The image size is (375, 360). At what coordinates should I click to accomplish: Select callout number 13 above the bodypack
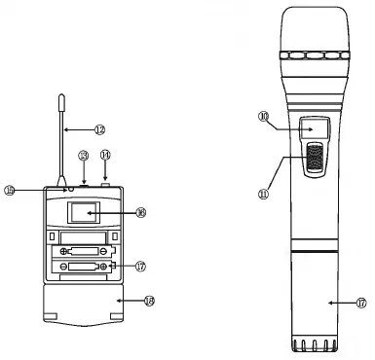[84, 155]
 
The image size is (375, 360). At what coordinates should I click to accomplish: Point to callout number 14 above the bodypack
[105, 155]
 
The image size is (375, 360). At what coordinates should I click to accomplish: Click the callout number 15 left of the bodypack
[37, 190]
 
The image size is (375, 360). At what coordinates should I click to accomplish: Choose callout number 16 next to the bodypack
[140, 212]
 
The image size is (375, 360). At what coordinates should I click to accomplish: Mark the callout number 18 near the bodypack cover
[148, 302]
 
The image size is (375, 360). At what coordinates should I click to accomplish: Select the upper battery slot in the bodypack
[82, 252]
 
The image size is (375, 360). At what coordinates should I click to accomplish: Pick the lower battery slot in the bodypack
[82, 268]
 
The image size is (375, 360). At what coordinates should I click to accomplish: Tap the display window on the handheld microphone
[314, 127]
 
